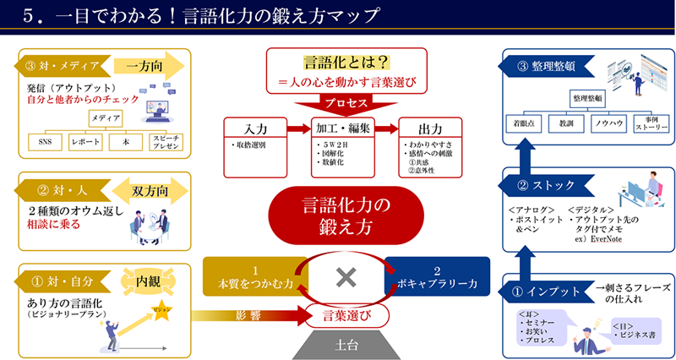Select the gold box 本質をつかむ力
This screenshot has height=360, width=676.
[253, 277]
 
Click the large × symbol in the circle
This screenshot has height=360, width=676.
[343, 276]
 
